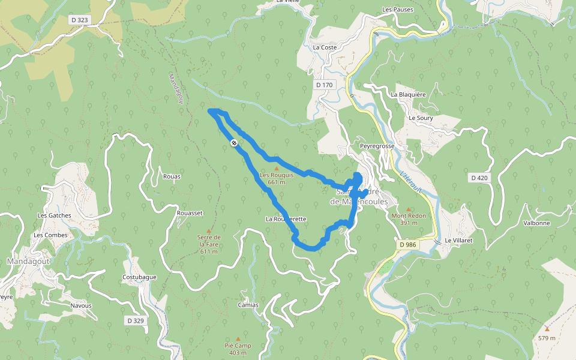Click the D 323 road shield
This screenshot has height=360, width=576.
79,20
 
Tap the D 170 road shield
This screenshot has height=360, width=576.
324,85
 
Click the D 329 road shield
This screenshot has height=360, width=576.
136,321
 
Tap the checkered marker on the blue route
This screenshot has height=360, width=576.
233,143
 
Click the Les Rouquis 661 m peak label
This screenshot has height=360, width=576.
276,178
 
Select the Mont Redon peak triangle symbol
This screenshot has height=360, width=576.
409,208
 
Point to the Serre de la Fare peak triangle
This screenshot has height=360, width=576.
209,230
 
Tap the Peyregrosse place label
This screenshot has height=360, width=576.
377,146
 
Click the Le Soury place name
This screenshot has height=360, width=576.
421,118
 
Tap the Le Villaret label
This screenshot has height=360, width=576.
459,241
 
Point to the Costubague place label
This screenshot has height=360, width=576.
139,277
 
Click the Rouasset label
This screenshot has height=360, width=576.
190,213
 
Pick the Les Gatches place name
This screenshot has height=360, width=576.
54,215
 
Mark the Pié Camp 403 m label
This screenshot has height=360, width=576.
238,349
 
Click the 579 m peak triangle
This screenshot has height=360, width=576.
547,329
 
